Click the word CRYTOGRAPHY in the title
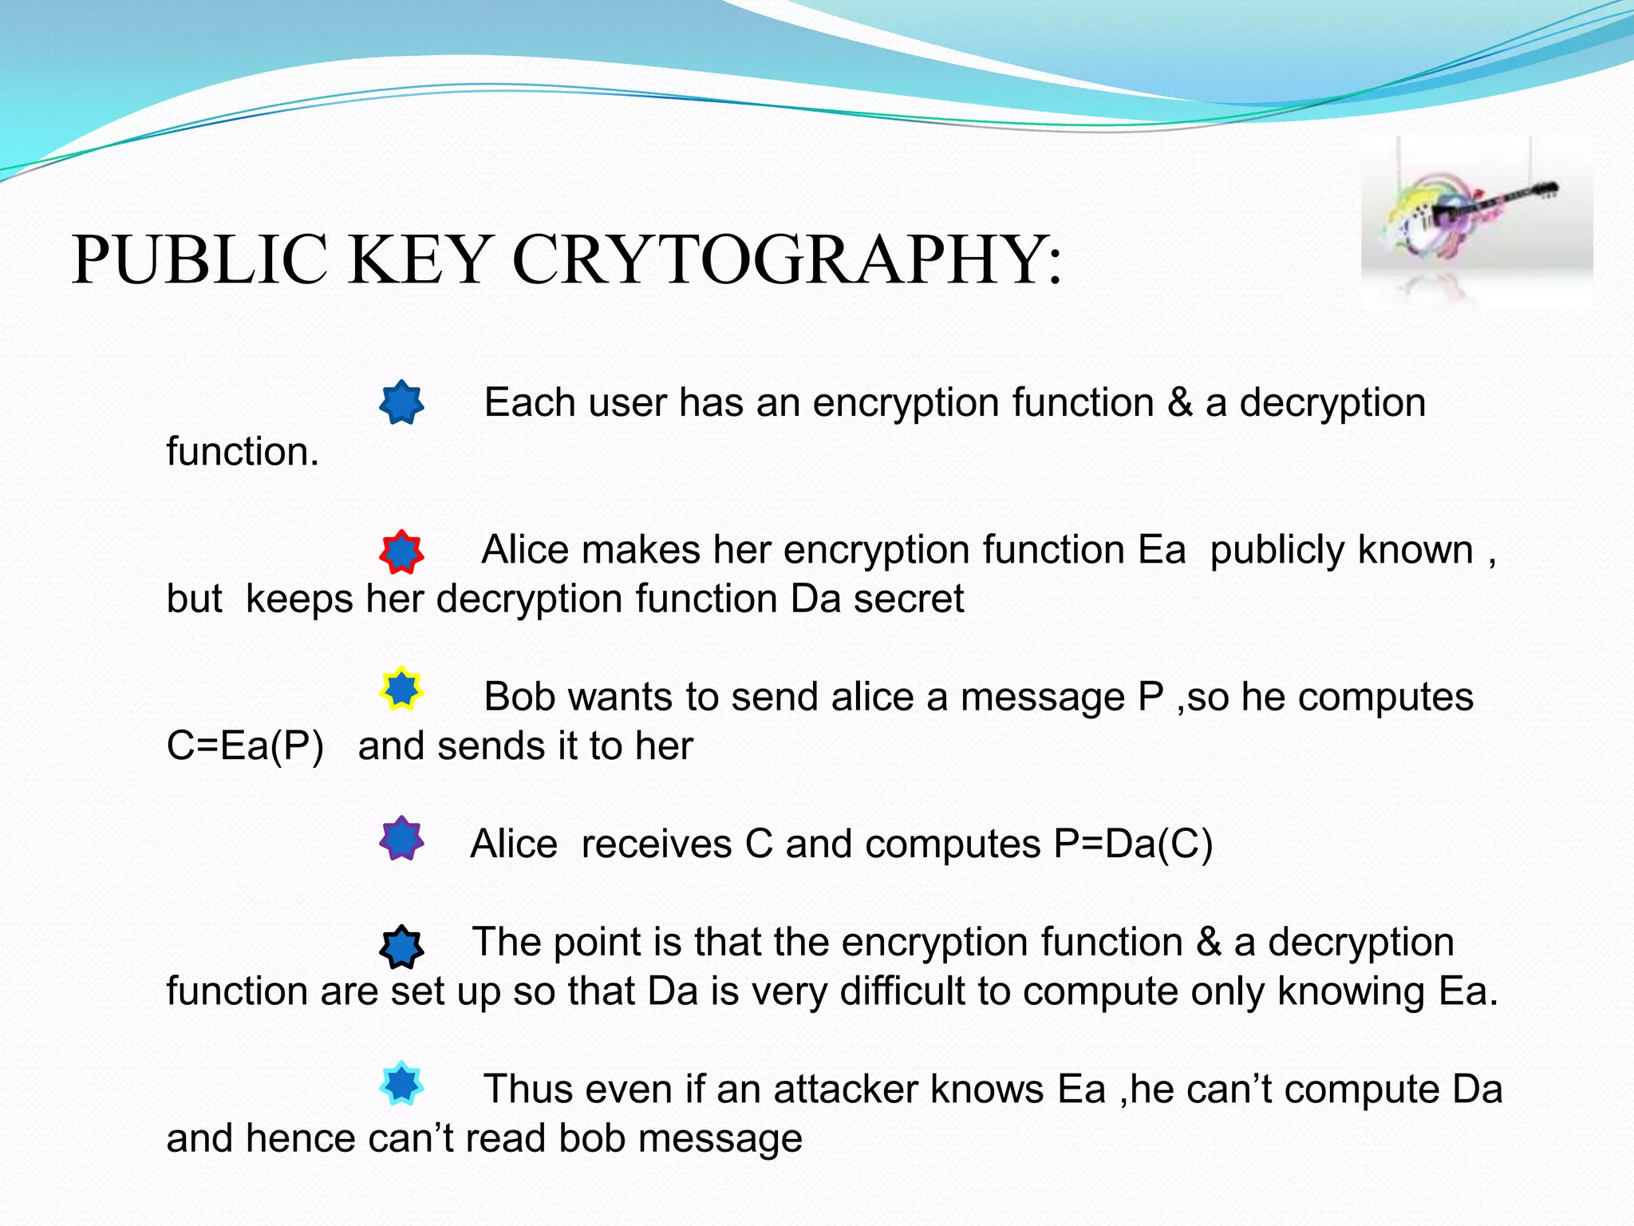tap(786, 259)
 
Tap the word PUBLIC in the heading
tap(199, 259)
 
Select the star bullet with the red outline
tap(401, 552)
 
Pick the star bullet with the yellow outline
tap(401, 689)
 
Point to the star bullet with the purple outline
tap(401, 838)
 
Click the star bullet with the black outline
tap(401, 947)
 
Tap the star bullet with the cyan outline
tap(401, 1083)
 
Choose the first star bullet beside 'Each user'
tap(401, 402)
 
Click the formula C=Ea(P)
tap(245, 746)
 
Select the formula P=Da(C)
tap(1133, 844)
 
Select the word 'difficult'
tap(902, 991)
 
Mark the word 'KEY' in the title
tap(419, 259)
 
